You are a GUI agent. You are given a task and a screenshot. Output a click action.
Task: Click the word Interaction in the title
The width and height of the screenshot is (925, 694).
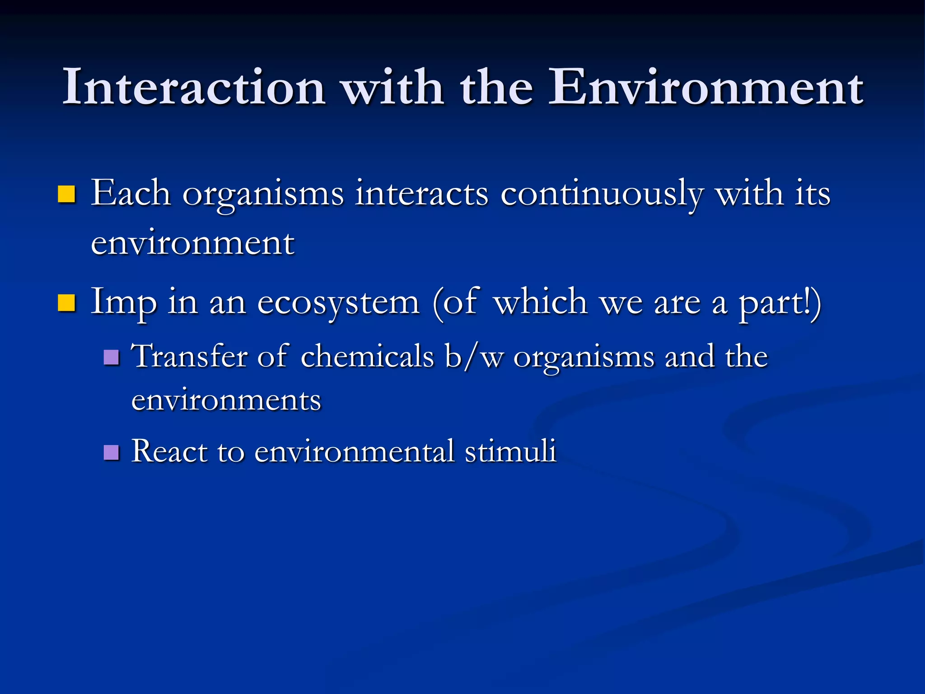[193, 87]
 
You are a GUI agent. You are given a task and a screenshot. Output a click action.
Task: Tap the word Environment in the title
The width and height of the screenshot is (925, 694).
[705, 87]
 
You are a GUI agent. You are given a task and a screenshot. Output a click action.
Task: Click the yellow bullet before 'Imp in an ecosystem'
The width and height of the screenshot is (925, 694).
[66, 303]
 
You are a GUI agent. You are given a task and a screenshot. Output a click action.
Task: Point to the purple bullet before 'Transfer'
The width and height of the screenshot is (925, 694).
[111, 357]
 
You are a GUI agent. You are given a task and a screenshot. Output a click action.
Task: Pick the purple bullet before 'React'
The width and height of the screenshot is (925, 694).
[111, 452]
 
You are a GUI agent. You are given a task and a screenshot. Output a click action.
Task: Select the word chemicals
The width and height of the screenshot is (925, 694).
[367, 356]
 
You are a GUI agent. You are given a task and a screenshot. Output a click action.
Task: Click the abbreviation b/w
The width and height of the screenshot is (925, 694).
[474, 356]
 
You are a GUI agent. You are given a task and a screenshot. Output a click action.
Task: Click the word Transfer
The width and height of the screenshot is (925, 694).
[189, 356]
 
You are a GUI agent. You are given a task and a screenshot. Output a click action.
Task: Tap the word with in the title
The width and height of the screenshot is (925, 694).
[392, 87]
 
